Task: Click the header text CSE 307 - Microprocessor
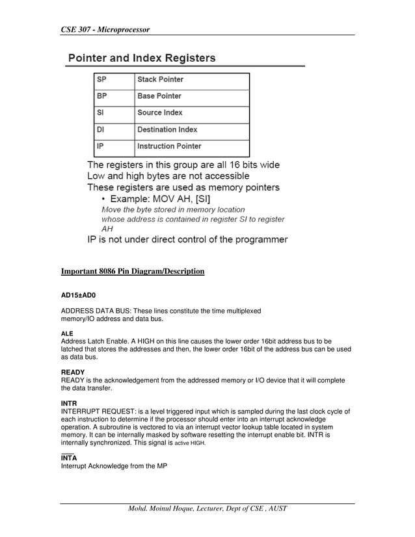click(x=105, y=29)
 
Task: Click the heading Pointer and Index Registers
click(x=142, y=58)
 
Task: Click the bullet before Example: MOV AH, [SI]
click(x=103, y=198)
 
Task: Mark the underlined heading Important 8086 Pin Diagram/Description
click(x=133, y=271)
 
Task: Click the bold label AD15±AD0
click(x=78, y=295)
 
